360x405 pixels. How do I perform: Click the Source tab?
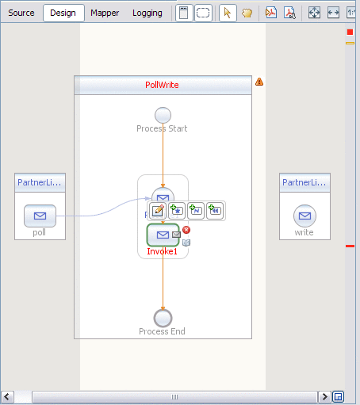21,13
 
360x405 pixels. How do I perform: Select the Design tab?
63,13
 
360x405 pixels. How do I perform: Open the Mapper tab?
105,13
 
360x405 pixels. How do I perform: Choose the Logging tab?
147,13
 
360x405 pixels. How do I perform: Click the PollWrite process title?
162,85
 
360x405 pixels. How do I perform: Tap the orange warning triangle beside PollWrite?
259,82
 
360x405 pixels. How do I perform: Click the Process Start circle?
163,115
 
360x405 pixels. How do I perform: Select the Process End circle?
163,318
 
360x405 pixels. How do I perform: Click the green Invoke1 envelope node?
163,235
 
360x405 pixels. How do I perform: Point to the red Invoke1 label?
163,251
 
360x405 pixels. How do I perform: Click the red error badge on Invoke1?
186,230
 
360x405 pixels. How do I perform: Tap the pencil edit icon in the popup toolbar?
157,211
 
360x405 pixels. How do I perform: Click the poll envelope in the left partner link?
40,216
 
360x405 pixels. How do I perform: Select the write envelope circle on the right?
304,216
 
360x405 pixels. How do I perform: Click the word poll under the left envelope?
40,233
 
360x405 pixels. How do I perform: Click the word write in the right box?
304,233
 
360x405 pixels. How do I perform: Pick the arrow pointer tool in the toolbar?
228,13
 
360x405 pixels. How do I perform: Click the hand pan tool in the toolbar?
247,13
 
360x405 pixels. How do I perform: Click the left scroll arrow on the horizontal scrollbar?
8,396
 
